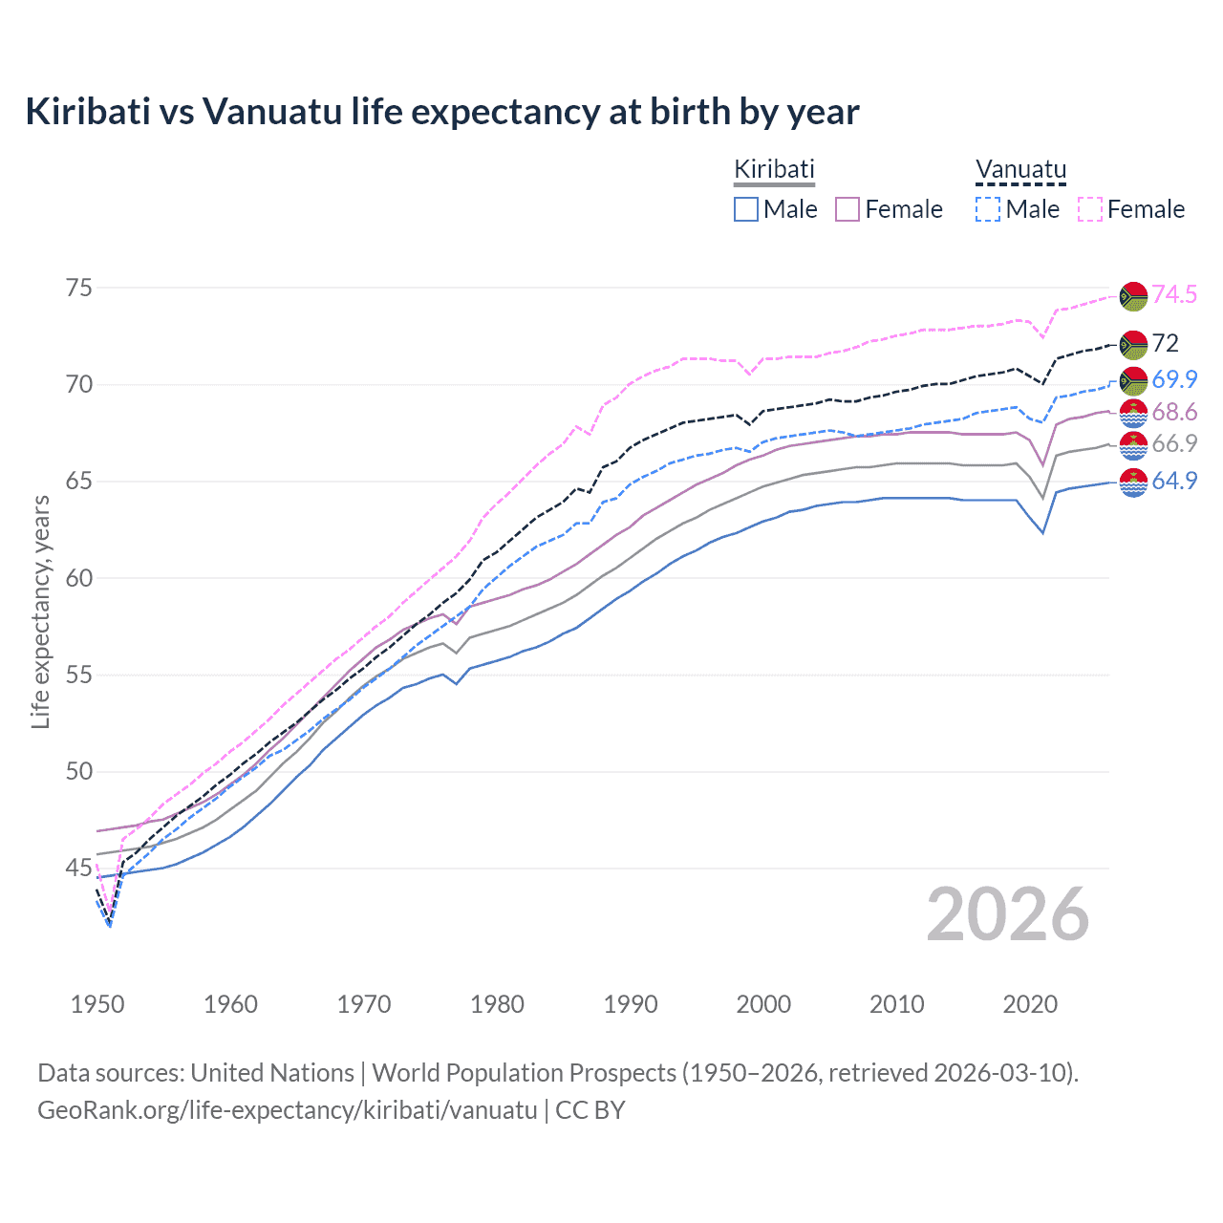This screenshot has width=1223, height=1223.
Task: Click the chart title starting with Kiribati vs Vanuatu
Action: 442,112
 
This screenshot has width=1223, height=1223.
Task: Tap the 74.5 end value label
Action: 1174,294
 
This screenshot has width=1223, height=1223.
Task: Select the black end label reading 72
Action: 1166,343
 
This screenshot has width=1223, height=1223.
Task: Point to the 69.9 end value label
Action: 1174,379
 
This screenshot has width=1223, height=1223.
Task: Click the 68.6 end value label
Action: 1174,412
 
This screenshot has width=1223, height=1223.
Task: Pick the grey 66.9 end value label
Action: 1174,443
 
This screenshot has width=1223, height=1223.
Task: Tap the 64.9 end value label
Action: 1174,481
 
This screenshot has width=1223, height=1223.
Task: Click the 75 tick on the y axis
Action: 79,288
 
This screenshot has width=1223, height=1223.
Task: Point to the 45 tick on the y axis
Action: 79,868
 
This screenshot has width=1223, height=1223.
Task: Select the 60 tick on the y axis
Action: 79,577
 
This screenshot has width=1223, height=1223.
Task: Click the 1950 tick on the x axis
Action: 97,1004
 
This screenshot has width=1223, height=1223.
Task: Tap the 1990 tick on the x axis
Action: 631,1004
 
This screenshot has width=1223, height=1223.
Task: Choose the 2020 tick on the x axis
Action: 1030,1004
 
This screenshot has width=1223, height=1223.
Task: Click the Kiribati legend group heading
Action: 774,169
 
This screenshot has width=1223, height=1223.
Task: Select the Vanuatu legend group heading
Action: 1020,169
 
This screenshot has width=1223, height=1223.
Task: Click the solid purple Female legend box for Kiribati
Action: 848,209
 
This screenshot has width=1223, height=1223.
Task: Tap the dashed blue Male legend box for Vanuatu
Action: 988,209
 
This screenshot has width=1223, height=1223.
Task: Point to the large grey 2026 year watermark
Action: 1008,914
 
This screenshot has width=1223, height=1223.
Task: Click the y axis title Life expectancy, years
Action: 40,611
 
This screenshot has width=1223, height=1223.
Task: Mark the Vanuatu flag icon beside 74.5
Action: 1133,295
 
